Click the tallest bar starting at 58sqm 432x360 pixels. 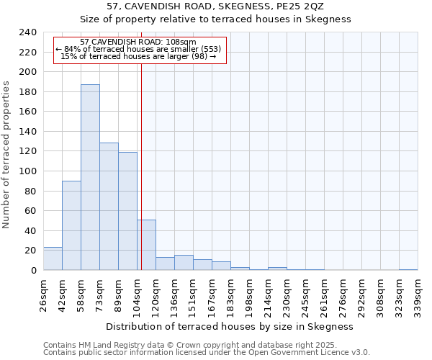coord(90,177)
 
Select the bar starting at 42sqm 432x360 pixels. coord(71,225)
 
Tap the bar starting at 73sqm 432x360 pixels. coord(109,207)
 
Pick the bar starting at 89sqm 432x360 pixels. coord(127,211)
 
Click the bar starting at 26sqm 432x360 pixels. coord(53,258)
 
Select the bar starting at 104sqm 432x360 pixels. coord(146,245)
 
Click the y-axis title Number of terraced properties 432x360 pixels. coord(7,155)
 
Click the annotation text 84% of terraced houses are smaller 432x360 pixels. coord(138,49)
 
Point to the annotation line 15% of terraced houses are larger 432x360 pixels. coord(138,56)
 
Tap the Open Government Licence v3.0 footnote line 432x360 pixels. coord(206,353)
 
